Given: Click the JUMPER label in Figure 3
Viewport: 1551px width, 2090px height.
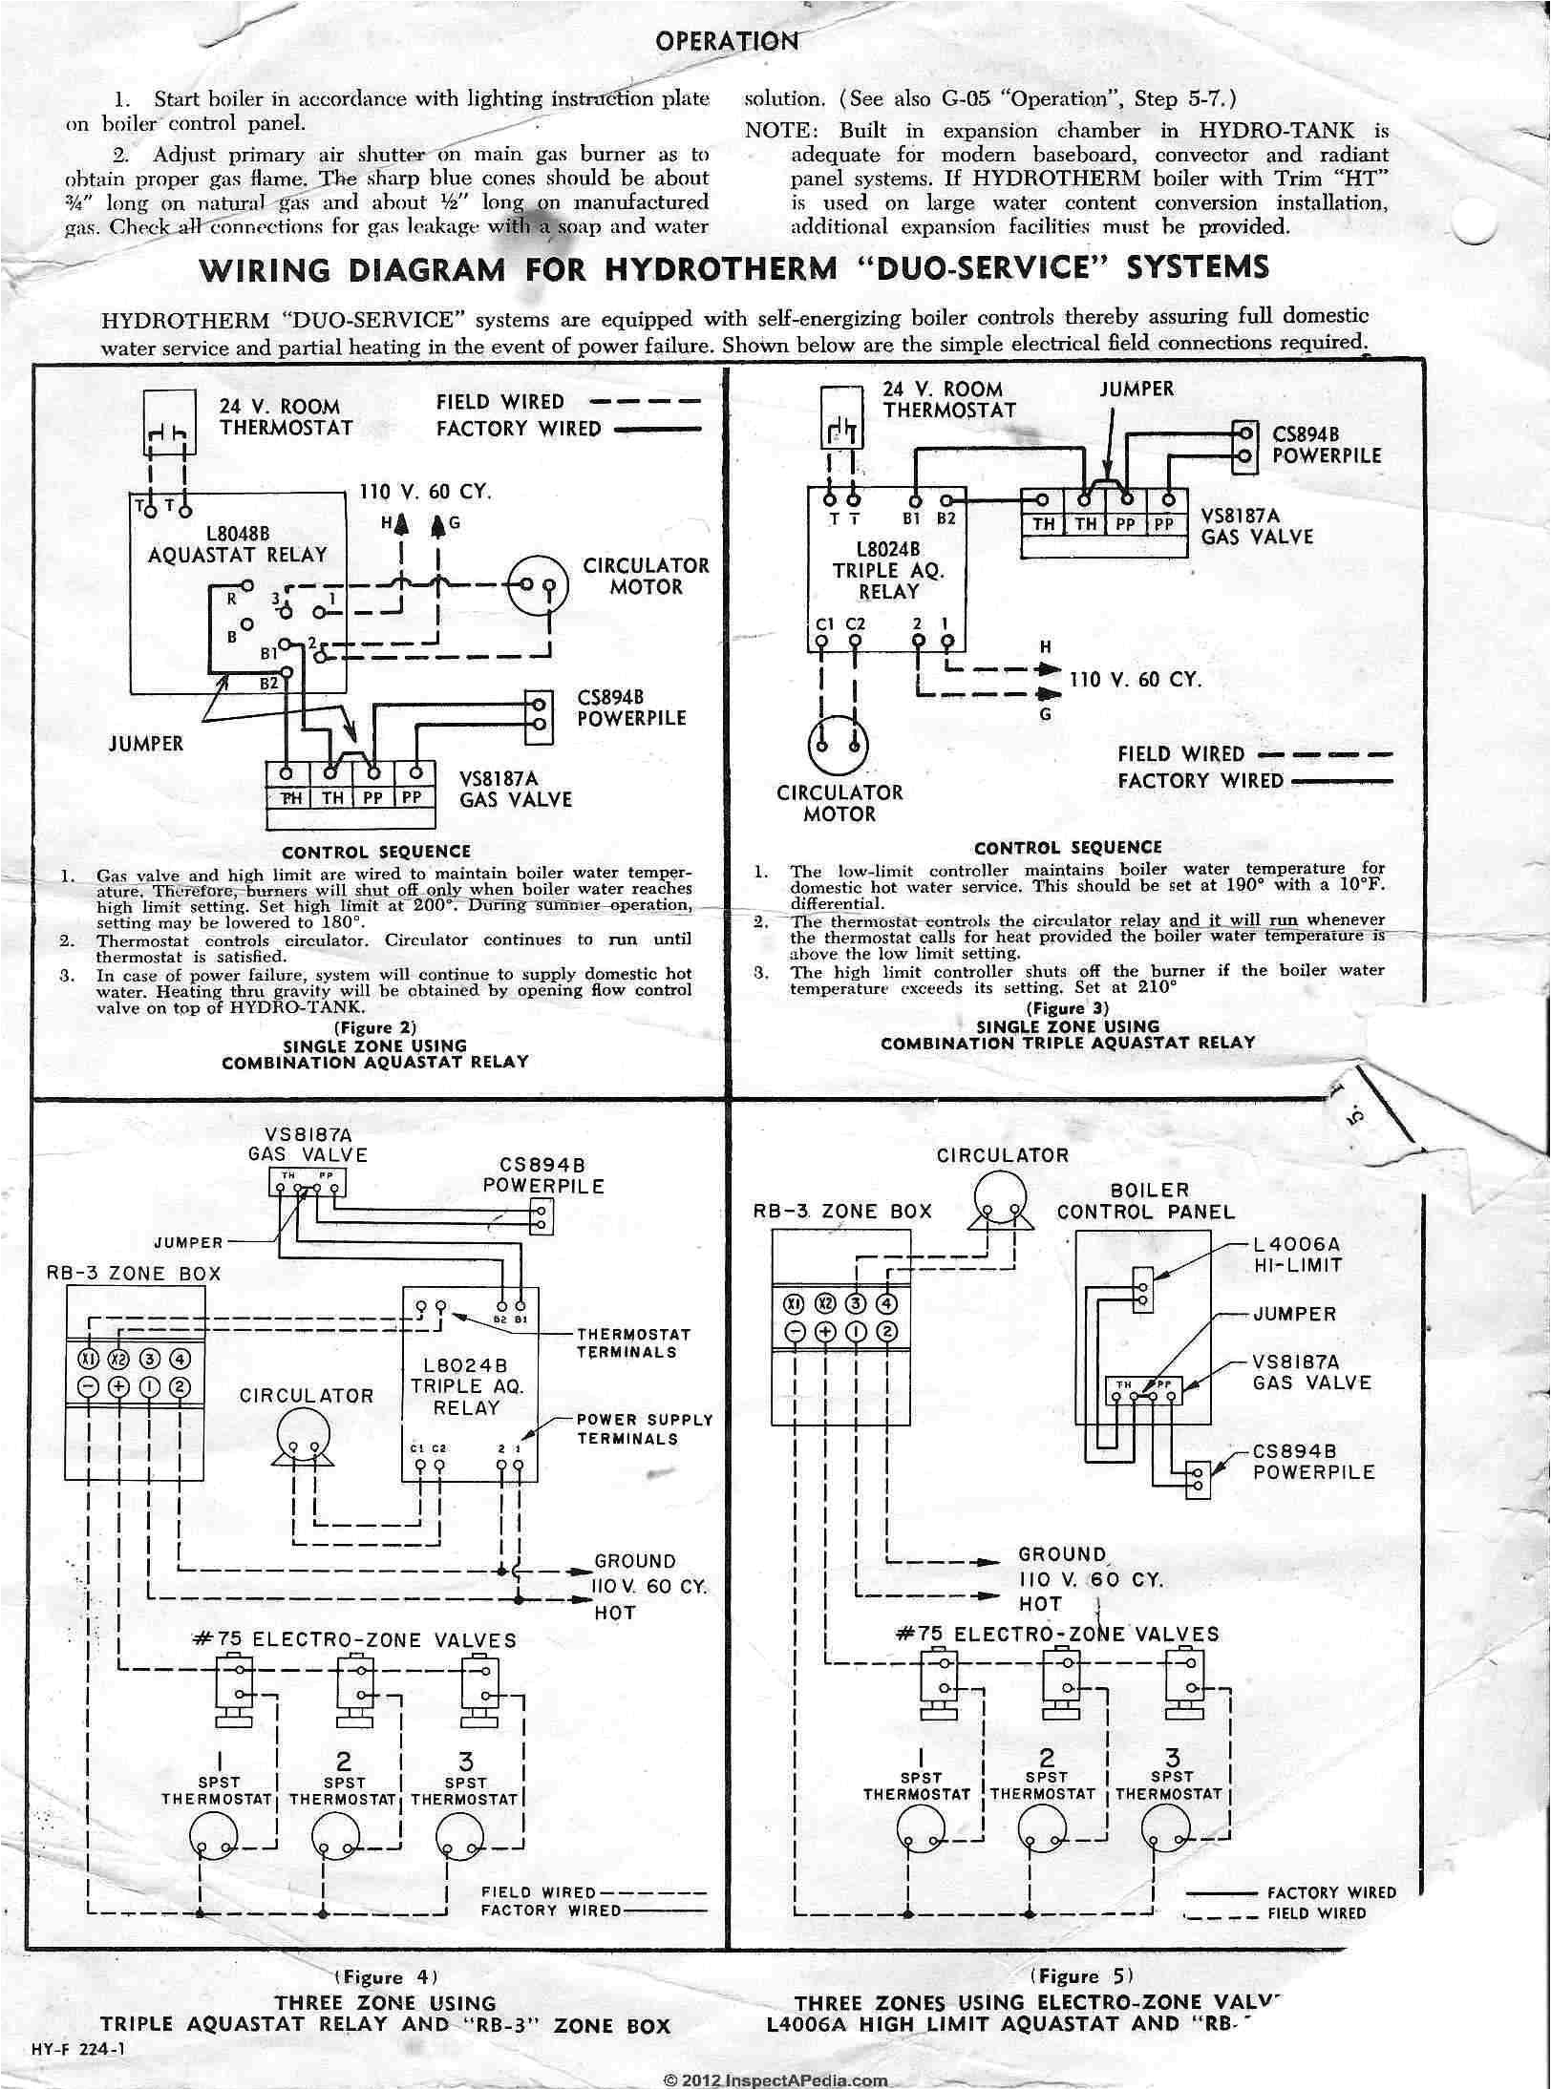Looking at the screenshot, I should (1136, 389).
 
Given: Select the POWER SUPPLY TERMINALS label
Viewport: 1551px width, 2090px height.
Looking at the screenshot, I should (645, 1428).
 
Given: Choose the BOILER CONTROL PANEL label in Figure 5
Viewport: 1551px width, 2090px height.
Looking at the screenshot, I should (1145, 1201).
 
